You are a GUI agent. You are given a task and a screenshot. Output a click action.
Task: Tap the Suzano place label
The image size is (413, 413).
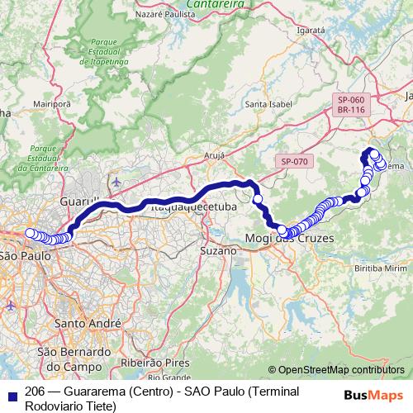218,248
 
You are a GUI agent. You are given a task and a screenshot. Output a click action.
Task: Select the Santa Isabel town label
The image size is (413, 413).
266,105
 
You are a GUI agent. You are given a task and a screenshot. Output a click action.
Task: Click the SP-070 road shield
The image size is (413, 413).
293,161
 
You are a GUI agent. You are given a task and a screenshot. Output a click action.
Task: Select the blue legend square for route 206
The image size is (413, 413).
11,392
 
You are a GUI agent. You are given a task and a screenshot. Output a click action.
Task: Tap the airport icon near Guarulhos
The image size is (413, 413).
116,181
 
